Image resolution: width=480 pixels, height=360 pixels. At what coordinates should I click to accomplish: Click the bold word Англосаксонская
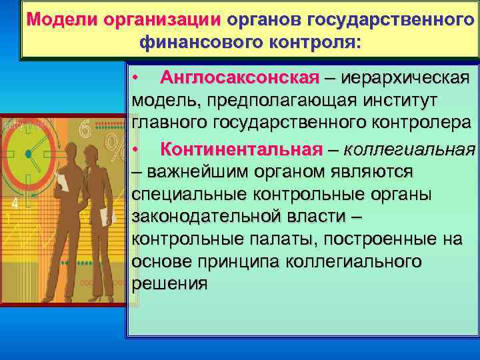[x=239, y=77]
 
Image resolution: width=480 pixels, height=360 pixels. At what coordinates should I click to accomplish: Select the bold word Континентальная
[x=241, y=147]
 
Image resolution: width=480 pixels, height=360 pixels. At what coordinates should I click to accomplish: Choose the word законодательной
[x=198, y=217]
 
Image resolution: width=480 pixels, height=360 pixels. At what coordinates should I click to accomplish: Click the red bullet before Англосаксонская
[x=135, y=78]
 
